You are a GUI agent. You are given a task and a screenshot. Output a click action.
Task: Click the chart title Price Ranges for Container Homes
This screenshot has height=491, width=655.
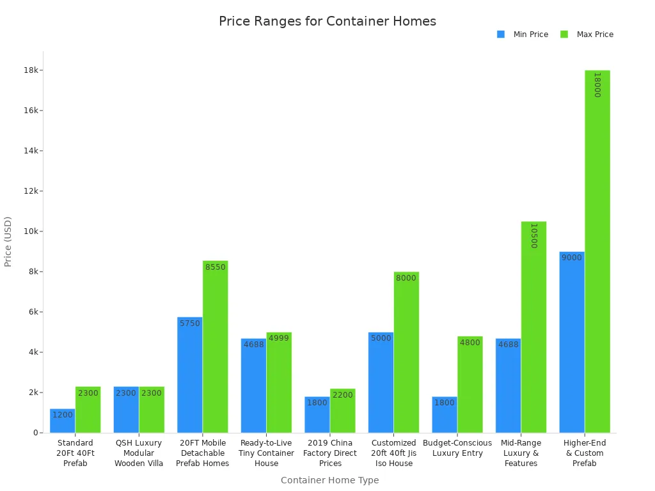tap(327, 21)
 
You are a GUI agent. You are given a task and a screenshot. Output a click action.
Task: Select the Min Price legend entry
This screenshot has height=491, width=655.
tap(523, 35)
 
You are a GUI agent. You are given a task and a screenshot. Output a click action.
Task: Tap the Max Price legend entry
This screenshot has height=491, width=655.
tap(587, 35)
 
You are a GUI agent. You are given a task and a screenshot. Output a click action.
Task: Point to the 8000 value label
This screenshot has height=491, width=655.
tap(406, 278)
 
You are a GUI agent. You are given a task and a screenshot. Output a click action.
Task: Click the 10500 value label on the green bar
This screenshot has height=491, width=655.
tap(533, 235)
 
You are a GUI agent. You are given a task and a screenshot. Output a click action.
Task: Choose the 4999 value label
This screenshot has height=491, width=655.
tap(278, 338)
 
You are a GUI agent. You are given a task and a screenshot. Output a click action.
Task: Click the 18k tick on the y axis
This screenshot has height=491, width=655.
tap(31, 70)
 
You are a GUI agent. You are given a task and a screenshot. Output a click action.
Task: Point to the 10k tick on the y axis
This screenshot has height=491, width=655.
tap(31, 231)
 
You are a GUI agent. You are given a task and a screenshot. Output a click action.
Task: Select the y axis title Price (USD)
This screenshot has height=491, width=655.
tap(8, 241)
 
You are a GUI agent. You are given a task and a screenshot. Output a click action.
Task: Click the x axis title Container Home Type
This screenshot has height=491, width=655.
tap(329, 480)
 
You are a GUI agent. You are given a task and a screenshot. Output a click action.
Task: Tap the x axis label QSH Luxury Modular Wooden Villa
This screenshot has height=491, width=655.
tap(139, 453)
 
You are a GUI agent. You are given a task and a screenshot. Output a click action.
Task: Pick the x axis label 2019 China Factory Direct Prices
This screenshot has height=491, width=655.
tap(330, 453)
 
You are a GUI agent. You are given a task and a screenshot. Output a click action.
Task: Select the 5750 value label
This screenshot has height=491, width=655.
tap(190, 323)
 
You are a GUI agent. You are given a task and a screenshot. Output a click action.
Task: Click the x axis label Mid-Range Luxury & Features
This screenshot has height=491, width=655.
tap(521, 453)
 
